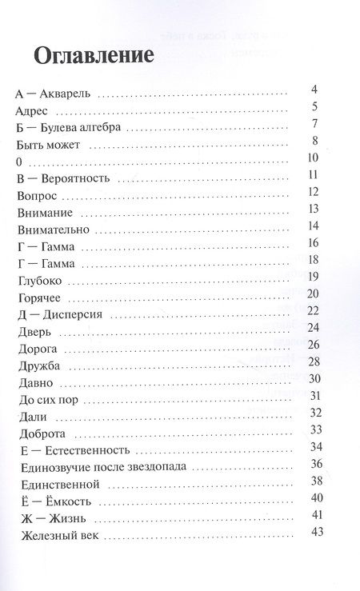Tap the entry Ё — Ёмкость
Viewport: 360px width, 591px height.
point(57,501)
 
